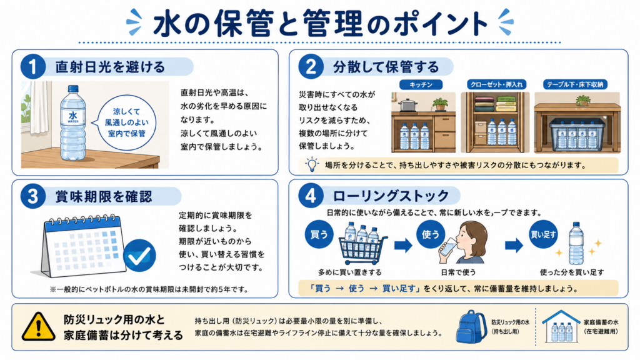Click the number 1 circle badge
(x=33, y=66)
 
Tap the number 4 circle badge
(x=311, y=196)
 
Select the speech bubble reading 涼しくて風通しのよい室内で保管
(x=124, y=122)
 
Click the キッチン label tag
(x=421, y=84)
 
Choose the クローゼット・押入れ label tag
(x=496, y=84)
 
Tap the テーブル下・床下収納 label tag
(x=575, y=84)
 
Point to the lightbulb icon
(x=312, y=164)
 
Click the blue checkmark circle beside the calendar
(x=139, y=256)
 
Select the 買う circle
(x=319, y=234)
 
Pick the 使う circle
(x=430, y=234)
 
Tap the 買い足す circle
(x=543, y=234)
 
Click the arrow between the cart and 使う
(x=403, y=245)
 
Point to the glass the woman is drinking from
(x=446, y=249)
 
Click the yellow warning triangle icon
(x=38, y=327)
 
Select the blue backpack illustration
(x=471, y=326)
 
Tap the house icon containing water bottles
(x=561, y=326)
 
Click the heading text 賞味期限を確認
(x=104, y=197)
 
